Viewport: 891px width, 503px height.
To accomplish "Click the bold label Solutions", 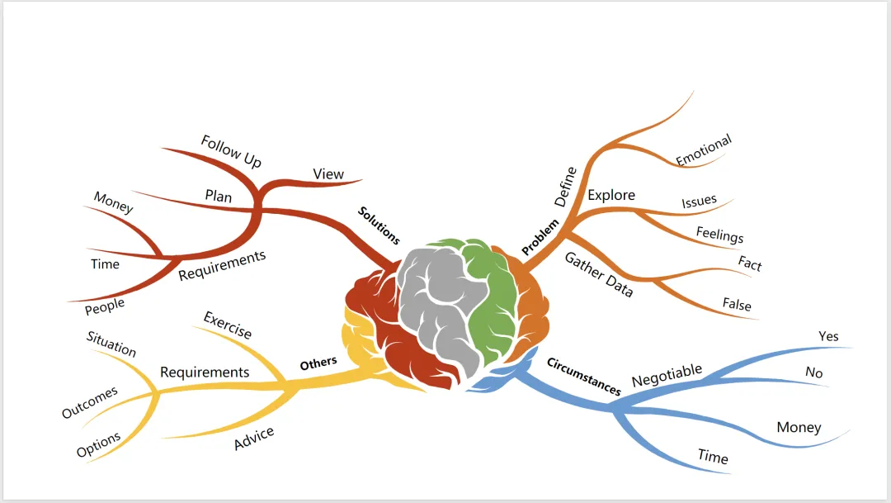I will pos(379,225).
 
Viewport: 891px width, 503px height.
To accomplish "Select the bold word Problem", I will pos(540,236).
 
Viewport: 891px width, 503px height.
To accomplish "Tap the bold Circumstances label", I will pos(583,377).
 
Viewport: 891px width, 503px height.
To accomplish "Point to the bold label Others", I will pos(318,363).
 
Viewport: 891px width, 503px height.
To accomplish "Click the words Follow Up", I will pos(231,152).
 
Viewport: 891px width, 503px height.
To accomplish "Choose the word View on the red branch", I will pos(328,174).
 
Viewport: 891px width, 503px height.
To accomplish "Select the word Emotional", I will pos(704,150).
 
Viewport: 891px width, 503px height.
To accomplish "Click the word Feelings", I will pos(719,235).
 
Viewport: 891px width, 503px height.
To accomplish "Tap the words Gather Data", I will pos(599,274).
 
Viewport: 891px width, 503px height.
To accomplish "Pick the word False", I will pos(737,304).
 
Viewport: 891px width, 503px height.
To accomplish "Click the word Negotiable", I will pos(667,375).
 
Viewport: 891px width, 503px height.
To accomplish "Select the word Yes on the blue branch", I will pos(828,336).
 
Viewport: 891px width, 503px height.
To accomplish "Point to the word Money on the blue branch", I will pos(799,427).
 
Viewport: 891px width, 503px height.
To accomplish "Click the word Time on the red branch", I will pos(105,264).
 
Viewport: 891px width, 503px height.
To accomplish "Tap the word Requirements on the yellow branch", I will pos(205,373).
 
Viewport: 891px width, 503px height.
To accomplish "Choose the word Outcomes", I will pos(90,402).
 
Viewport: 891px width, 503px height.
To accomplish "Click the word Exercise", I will pos(228,325).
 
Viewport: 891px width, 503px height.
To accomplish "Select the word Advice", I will pos(254,439).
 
